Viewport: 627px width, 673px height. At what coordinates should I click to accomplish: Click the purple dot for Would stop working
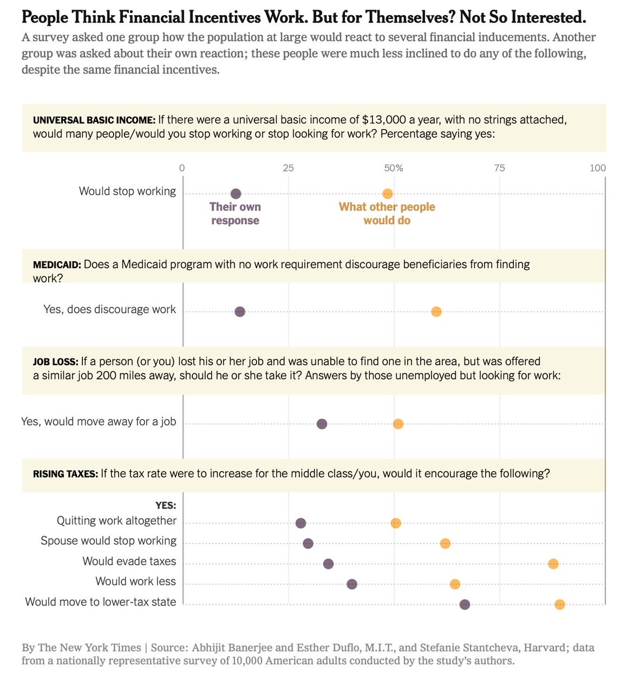point(236,193)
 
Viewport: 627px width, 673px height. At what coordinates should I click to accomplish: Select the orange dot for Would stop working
point(387,193)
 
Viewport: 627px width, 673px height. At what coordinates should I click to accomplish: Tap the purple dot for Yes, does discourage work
point(240,312)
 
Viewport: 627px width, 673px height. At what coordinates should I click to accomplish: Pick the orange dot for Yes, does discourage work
point(436,312)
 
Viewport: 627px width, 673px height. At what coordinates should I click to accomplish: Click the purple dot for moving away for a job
point(322,424)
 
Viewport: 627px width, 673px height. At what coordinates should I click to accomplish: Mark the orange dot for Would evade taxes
point(553,564)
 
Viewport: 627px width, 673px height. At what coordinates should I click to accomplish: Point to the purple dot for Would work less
point(352,584)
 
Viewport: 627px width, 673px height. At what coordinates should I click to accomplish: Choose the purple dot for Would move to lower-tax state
point(465,604)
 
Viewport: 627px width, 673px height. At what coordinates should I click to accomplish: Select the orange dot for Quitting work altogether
point(396,523)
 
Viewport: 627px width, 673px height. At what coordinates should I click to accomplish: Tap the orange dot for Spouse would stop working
point(445,543)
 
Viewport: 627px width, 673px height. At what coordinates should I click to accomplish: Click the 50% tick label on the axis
point(393,168)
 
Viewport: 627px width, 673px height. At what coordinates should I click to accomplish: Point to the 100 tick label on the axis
point(598,168)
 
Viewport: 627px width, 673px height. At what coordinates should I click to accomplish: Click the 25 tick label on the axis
point(288,168)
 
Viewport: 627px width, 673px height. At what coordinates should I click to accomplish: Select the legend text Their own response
point(235,214)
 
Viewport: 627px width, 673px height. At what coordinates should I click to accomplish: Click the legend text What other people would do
point(387,214)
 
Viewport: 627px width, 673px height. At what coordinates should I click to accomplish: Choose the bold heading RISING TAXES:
point(66,474)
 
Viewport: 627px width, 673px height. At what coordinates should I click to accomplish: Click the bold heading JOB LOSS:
point(55,362)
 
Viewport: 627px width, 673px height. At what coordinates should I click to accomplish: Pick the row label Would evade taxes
point(129,561)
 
